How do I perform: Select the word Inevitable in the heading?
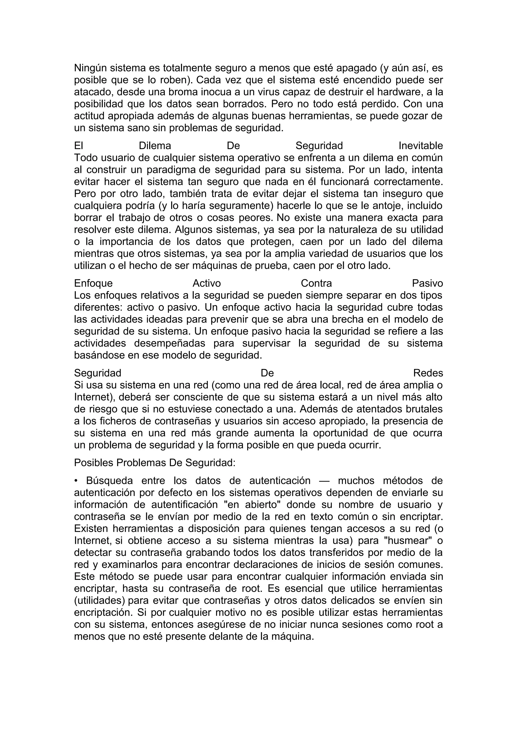tap(421, 146)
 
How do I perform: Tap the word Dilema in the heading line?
tap(155, 146)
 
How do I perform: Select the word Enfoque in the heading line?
tap(93, 283)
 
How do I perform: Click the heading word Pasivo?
tap(427, 283)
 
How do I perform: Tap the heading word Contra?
tap(316, 283)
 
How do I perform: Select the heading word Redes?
tap(428, 373)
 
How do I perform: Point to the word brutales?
tap(422, 409)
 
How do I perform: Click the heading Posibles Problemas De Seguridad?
tap(154, 463)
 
